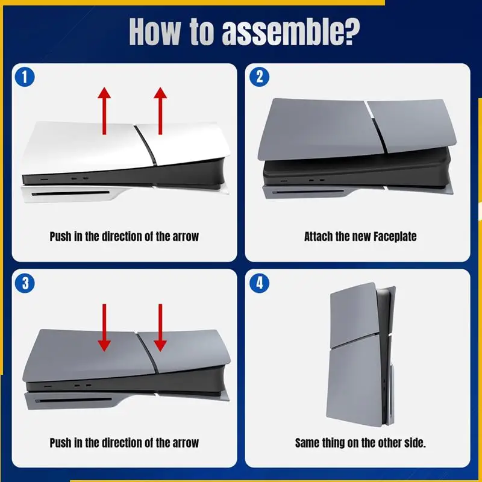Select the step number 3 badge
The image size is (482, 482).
[x=25, y=283]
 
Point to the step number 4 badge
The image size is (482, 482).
[x=259, y=283]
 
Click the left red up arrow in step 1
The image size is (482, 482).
[x=104, y=111]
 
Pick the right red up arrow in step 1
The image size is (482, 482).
[x=160, y=111]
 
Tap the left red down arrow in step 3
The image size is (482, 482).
[x=104, y=328]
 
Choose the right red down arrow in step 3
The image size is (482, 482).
[x=160, y=328]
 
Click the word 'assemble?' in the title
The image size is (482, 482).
[x=290, y=33]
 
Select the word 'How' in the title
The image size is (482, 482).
[x=154, y=32]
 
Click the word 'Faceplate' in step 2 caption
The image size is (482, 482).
[x=395, y=237]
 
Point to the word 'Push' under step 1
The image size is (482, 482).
[x=60, y=237]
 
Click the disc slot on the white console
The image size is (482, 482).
[x=70, y=193]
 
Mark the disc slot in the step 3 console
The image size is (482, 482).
[x=74, y=400]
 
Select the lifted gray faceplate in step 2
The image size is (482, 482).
[x=357, y=130]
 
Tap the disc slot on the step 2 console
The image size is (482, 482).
[x=308, y=192]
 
